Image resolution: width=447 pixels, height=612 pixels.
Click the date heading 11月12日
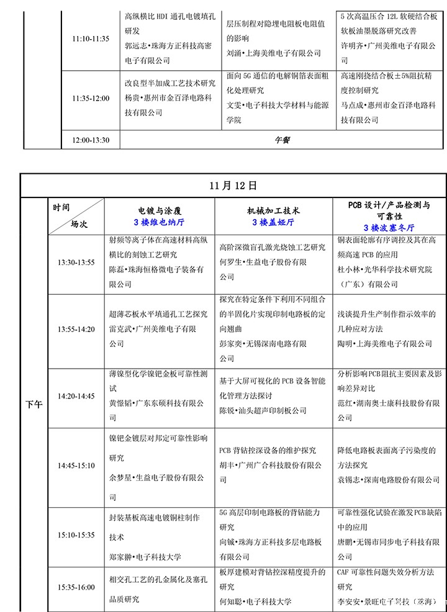click(233, 186)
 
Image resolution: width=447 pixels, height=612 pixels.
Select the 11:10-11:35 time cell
click(91, 38)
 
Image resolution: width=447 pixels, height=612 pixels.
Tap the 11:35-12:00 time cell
click(91, 98)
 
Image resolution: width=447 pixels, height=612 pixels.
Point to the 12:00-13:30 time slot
click(91, 140)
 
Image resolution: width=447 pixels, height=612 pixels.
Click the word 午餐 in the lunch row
click(282, 140)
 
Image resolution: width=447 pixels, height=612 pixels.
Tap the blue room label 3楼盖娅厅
click(273, 222)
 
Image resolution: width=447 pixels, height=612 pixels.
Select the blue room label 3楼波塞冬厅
click(389, 228)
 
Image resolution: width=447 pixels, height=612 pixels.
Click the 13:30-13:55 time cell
click(76, 263)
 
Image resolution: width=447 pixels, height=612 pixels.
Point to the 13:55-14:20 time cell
click(76, 329)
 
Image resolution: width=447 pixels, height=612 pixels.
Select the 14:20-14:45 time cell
click(76, 395)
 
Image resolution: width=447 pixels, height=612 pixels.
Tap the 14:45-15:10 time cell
click(76, 465)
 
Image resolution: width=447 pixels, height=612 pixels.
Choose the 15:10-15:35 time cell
click(76, 534)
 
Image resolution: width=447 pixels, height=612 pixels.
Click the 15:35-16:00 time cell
click(76, 587)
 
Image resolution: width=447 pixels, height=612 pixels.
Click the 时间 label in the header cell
click(61, 208)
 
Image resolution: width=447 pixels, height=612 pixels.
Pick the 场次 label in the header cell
click(79, 224)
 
